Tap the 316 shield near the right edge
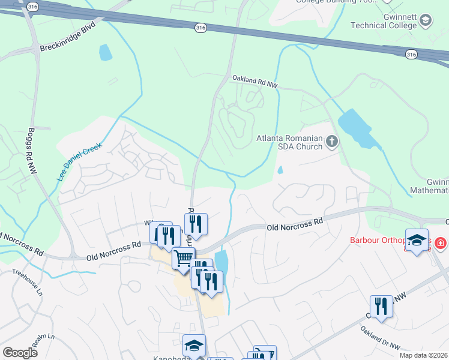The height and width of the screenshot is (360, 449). pos(411,55)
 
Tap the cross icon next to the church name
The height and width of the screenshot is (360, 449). pos(331,142)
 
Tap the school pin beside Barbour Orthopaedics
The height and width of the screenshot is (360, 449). pos(417,240)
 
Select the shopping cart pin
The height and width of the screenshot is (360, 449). pos(184,259)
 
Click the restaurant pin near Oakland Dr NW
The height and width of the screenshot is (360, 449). pos(381,306)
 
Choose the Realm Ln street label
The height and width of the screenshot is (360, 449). pos(39,341)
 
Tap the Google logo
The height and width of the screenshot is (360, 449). pos(20,352)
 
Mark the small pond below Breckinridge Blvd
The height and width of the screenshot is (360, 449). pos(106,52)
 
